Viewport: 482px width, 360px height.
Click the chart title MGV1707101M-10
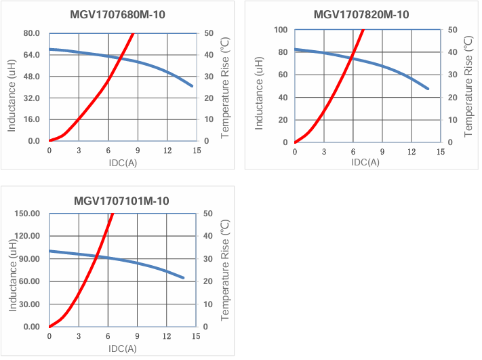pyautogui.click(x=121, y=201)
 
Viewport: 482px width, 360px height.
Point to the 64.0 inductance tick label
pyautogui.click(x=32, y=55)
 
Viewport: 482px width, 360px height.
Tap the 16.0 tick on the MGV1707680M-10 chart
pyautogui.click(x=32, y=119)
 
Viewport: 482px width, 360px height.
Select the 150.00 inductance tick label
pyautogui.click(x=27, y=214)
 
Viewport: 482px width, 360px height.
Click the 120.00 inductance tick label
pyautogui.click(x=27, y=236)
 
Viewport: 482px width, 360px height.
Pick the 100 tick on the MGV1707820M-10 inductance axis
pyautogui.click(x=281, y=30)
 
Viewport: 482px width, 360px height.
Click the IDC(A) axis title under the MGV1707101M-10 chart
pyautogui.click(x=122, y=348)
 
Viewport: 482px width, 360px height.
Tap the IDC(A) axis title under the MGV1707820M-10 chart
pyautogui.click(x=365, y=162)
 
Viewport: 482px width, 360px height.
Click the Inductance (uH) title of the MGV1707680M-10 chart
pyautogui.click(x=12, y=86)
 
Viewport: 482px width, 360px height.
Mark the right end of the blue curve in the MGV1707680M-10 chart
pyautogui.click(x=193, y=86)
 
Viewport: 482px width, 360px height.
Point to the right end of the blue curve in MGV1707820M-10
pyautogui.click(x=428, y=89)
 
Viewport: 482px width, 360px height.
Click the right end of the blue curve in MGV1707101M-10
pyautogui.click(x=183, y=278)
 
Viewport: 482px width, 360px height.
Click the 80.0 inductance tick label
pyautogui.click(x=32, y=33)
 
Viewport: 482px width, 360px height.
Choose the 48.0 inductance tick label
pyautogui.click(x=32, y=76)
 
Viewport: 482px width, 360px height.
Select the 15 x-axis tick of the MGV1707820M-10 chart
pyautogui.click(x=441, y=152)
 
